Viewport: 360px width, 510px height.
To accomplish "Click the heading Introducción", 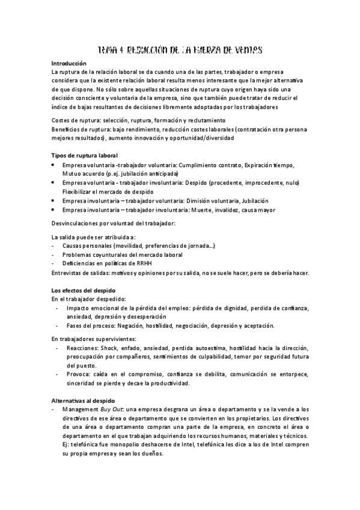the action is point(69,63).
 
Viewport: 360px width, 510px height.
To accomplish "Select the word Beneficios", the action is point(66,129).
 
